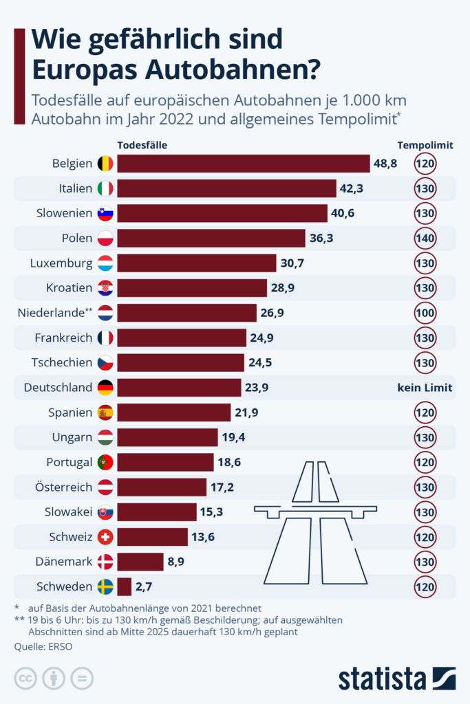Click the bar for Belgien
[x=244, y=164]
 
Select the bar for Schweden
[x=125, y=586]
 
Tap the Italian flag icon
[x=105, y=188]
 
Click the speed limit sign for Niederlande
[x=425, y=313]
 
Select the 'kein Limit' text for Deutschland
[x=425, y=387]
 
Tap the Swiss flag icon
[x=105, y=536]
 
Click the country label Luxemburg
[x=61, y=263]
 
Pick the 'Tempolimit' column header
[x=425, y=145]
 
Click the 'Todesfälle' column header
[x=142, y=145]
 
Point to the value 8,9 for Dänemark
[x=175, y=562]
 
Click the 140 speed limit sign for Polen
[x=425, y=238]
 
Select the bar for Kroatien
[x=192, y=288]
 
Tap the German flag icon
[x=105, y=387]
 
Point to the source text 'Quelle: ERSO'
[x=43, y=646]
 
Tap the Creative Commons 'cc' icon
[x=26, y=679]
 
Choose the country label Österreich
[x=63, y=487]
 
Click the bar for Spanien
[x=174, y=412]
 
